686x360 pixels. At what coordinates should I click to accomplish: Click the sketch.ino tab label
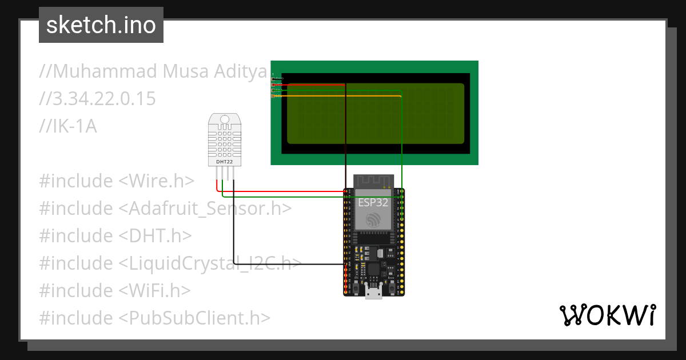(101, 25)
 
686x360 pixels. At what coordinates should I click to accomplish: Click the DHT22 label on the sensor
(224, 162)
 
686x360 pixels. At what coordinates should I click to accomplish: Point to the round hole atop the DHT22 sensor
(224, 120)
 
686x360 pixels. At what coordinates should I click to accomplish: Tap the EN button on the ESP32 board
(357, 289)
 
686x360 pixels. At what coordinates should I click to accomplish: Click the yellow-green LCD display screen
(375, 113)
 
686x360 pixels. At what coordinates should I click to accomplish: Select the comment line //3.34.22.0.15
(97, 99)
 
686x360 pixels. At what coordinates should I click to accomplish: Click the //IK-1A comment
(68, 126)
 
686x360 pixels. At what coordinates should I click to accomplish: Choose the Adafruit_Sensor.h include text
(206, 209)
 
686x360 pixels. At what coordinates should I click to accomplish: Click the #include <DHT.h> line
(115, 236)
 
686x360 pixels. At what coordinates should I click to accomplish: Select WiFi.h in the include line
(154, 291)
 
